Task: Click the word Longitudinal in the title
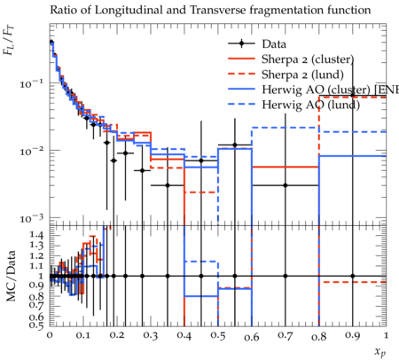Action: pos(129,11)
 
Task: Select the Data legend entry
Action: pos(257,43)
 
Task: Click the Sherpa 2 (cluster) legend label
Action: pos(308,59)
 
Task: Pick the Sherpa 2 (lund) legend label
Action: pos(302,74)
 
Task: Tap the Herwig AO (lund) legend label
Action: pos(310,105)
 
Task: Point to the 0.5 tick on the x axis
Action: pos(218,336)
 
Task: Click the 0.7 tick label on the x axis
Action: pos(286,336)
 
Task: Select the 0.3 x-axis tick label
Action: pos(151,336)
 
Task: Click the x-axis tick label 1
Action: pos(386,336)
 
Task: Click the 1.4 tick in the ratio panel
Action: pos(36,236)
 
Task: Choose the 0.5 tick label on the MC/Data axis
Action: pos(36,325)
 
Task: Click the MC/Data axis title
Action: pos(11,276)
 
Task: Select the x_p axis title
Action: pos(380,352)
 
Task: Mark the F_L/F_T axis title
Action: pos(9,41)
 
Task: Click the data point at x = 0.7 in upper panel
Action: pos(286,185)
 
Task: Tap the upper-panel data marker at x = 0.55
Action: pos(235,145)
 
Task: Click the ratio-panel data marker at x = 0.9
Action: pos(353,276)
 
